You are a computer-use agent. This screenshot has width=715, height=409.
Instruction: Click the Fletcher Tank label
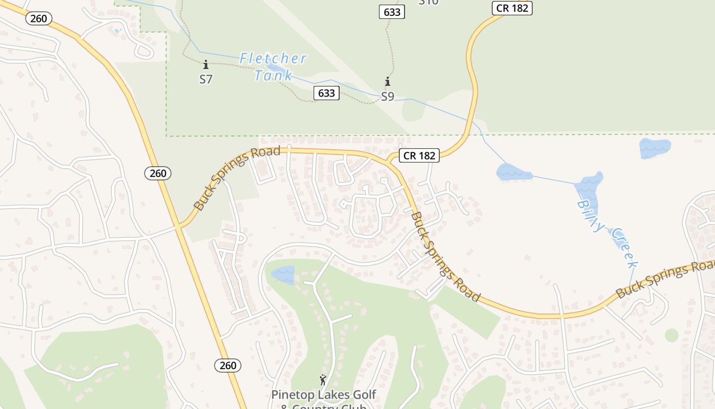click(273, 66)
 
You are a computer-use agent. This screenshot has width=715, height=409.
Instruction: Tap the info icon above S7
click(206, 65)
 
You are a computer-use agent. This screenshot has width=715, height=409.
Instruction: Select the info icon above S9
click(388, 82)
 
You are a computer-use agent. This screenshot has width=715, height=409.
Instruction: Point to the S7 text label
click(206, 79)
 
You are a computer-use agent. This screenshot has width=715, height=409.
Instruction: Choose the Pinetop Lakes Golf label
click(323, 395)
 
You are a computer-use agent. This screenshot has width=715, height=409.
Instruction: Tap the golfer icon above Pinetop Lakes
click(323, 380)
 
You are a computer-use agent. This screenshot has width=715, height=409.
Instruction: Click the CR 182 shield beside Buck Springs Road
click(419, 155)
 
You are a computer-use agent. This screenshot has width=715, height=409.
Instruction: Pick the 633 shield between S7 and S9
click(326, 93)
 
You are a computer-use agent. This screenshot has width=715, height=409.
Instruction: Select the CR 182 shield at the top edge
click(512, 8)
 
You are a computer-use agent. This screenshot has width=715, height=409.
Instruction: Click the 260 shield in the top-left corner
click(38, 19)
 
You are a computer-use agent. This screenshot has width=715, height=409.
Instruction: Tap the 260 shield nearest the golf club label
click(228, 365)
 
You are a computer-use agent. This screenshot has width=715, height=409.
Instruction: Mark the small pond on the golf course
click(283, 274)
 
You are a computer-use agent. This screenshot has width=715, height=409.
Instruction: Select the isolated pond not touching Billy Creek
click(654, 148)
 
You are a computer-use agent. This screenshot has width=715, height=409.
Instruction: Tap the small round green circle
click(672, 335)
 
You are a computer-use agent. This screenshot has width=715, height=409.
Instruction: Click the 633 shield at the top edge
click(392, 12)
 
